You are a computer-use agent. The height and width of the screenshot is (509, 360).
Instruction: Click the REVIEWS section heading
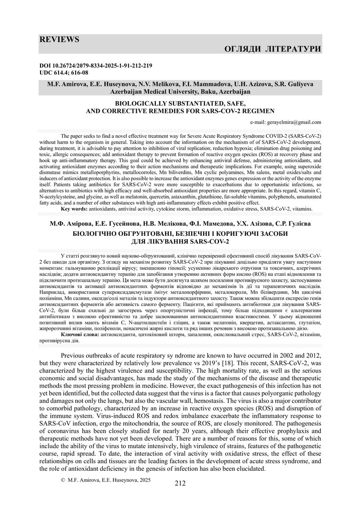pos(59,40)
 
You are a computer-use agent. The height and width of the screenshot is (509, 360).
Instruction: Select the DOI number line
pos(96,66)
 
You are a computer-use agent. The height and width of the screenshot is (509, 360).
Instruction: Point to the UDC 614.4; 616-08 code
pos(64,72)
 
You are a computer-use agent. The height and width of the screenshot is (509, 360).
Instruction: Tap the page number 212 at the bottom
pos(180,483)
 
